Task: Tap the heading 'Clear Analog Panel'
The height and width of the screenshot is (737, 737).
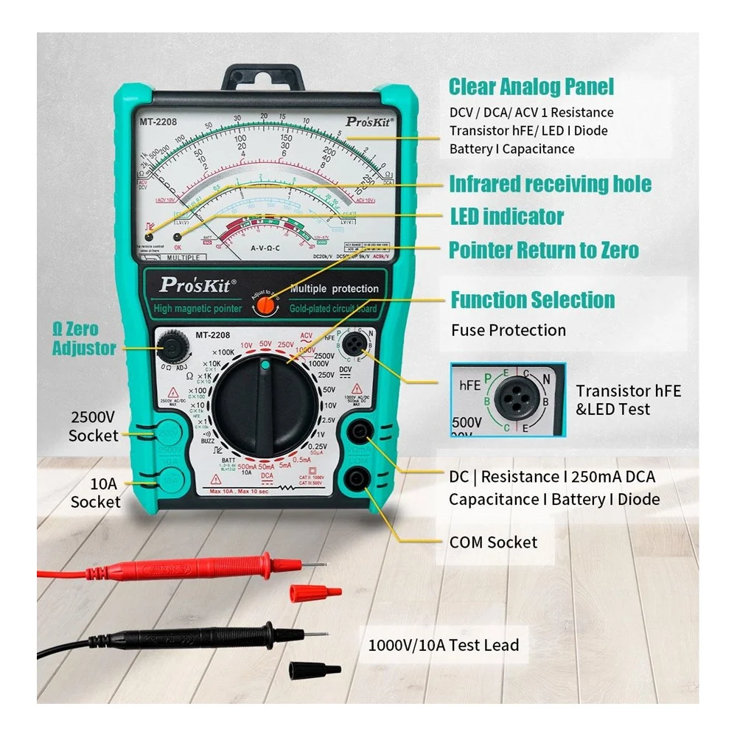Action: coord(531,87)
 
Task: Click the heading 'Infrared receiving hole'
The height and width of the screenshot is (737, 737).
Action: coord(550,184)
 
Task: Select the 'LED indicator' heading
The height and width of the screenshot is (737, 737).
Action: coord(506,217)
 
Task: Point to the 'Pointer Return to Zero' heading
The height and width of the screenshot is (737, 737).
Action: coord(544,250)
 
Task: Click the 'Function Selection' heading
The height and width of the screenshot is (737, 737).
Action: coord(532,300)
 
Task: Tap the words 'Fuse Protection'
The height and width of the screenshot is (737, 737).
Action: coord(509,329)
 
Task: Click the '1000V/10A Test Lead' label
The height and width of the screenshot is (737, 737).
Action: coord(443,645)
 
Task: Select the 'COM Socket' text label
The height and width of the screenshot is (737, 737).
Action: coord(493,542)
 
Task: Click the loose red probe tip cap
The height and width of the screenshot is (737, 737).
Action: coord(315,592)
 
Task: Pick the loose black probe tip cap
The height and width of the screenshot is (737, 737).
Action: coord(314,670)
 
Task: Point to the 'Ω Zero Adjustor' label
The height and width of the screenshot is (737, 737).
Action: coord(84,338)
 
